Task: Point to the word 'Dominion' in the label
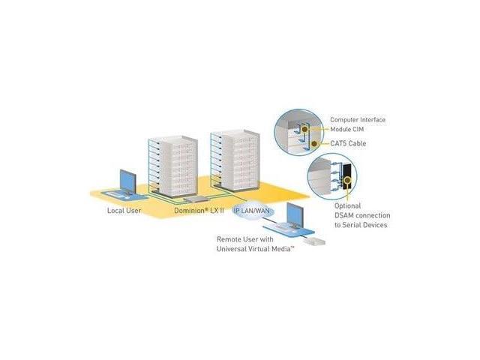click(x=187, y=211)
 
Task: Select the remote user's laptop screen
click(x=295, y=215)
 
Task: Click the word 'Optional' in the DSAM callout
click(x=347, y=205)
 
